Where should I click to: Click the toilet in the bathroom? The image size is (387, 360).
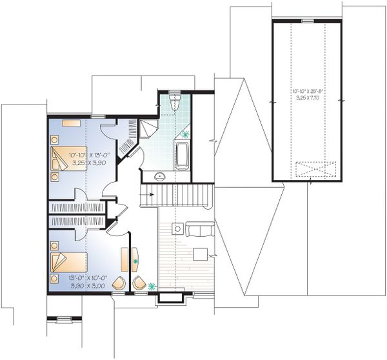tap(173, 103)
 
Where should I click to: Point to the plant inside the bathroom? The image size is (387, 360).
tap(186, 135)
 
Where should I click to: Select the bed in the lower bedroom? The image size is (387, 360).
tap(67, 263)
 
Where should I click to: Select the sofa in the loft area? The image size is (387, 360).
tap(199, 228)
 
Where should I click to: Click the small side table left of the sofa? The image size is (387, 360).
tap(175, 228)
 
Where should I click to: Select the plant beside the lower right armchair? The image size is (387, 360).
tap(152, 285)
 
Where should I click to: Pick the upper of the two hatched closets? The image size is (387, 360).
tap(77, 208)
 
